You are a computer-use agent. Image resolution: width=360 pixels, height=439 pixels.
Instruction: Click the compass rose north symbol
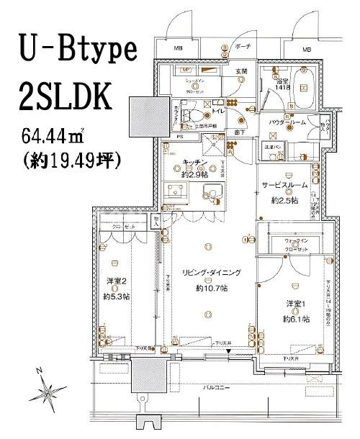pyautogui.click(x=48, y=393)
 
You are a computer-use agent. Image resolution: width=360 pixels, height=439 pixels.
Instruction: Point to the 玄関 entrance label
pyautogui.click(x=238, y=72)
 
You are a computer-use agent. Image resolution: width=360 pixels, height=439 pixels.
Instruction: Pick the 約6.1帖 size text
pyautogui.click(x=296, y=317)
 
